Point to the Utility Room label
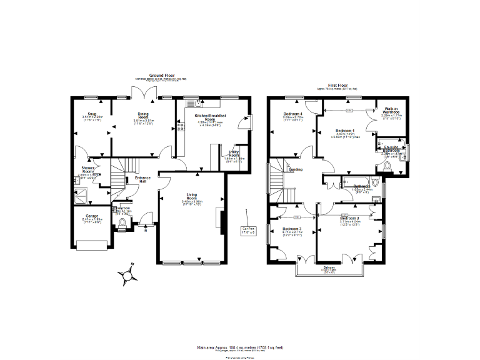234,156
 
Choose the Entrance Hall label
143,179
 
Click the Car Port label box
249,229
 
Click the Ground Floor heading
161,75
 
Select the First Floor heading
342,85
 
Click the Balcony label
329,269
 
